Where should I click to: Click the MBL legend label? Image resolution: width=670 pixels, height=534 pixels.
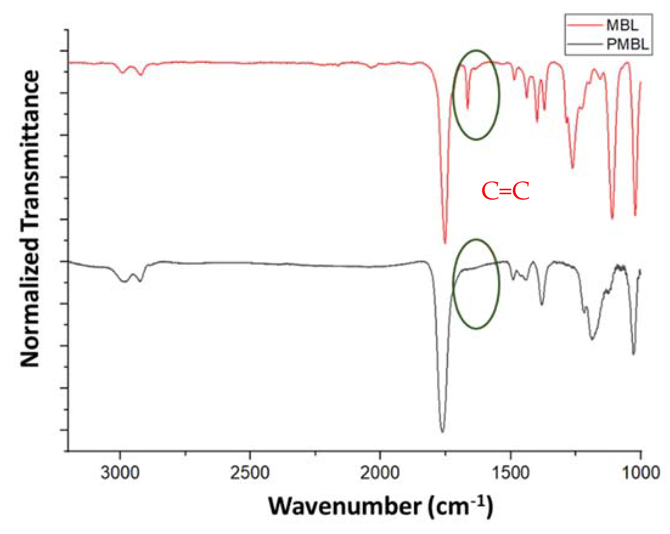coord(622,25)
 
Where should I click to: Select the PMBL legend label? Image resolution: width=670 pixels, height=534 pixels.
coord(627,44)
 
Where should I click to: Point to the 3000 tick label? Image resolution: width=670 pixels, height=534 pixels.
coord(120,473)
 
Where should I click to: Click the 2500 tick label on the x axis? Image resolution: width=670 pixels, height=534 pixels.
coord(250,473)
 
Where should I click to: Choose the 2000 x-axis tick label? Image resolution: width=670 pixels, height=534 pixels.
coord(380,473)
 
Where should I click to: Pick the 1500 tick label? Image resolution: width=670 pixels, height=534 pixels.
coord(510,473)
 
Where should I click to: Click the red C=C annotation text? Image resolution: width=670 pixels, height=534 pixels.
coord(505,191)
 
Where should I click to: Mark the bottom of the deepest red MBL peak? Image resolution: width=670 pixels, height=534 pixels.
coord(445,243)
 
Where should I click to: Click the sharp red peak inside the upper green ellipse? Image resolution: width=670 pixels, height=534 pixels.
coord(467,108)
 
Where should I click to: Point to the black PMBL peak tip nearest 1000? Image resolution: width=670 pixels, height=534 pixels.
coord(634,354)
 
